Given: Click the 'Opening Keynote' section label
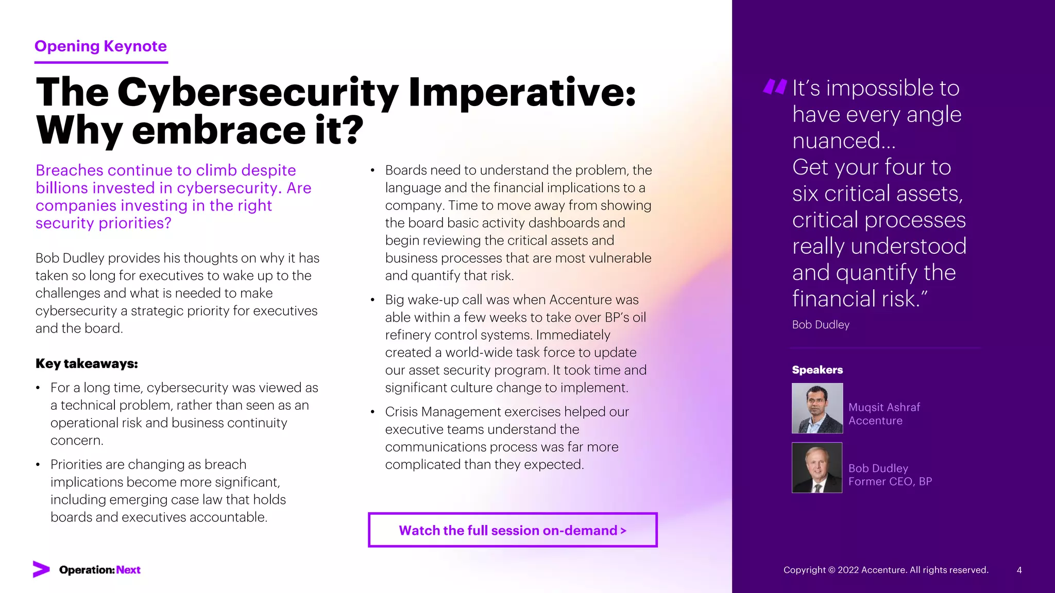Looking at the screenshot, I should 100,46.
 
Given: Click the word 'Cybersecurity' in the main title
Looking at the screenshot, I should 258,93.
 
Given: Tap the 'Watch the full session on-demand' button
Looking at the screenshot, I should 513,530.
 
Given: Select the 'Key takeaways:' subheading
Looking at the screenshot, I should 87,363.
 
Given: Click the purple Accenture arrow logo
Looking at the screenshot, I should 41,569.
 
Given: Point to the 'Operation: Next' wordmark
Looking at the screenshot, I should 100,570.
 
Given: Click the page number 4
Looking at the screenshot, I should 1019,570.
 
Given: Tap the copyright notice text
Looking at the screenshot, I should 886,570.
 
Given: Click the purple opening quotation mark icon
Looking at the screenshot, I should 775,86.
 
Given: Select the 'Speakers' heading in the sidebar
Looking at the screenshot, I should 817,370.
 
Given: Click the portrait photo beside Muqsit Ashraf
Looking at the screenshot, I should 817,408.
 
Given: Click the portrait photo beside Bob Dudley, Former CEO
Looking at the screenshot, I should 817,467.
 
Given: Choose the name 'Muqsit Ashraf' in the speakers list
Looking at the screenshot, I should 884,407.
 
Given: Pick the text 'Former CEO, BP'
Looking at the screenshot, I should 890,481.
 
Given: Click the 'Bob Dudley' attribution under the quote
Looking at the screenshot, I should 821,325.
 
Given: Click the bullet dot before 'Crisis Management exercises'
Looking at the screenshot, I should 372,412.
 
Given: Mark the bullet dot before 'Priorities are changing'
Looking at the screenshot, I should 38,464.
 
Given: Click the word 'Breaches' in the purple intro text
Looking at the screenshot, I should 69,170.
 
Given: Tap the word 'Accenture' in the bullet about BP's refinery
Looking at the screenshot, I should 580,300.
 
